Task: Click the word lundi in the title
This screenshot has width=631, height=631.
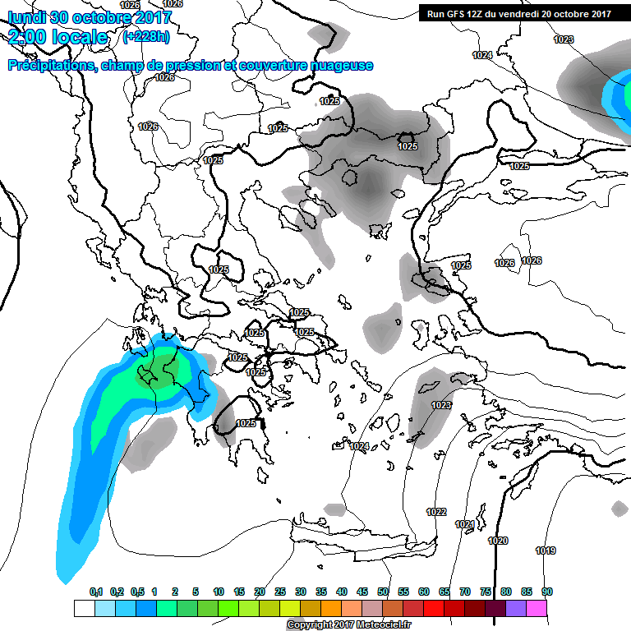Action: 26,17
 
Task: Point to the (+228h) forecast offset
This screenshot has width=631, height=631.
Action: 147,37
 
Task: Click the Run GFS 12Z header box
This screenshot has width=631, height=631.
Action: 519,14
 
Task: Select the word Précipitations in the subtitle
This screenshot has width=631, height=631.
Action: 50,66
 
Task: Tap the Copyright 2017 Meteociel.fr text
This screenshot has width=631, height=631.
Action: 349,625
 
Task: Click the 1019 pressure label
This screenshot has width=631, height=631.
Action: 546,550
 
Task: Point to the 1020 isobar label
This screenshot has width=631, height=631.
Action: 498,541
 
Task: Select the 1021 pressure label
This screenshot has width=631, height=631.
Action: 465,524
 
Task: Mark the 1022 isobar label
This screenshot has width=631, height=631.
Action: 436,512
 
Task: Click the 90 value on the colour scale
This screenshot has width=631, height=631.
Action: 546,592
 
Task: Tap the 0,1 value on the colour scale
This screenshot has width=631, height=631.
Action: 95,592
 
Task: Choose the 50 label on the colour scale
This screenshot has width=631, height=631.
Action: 383,592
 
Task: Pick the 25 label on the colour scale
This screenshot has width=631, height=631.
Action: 280,592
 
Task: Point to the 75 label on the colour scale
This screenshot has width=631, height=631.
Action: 486,592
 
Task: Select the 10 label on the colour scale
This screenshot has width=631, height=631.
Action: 219,592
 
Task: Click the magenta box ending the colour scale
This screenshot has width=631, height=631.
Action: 537,608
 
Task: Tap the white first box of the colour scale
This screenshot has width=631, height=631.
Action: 84,608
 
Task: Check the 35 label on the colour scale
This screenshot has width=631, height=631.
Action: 321,592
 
